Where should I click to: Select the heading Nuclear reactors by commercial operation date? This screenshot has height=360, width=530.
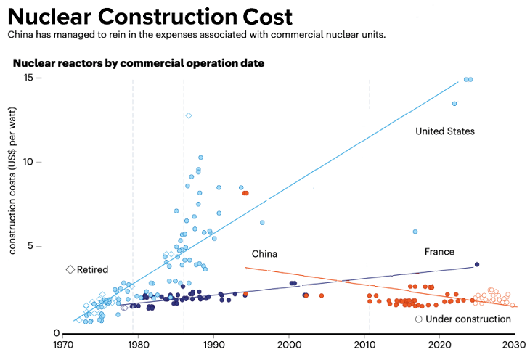tap(138, 63)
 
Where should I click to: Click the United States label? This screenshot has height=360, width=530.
tap(444, 131)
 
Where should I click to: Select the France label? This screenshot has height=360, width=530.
tap(439, 252)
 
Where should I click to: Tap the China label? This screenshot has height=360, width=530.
tap(264, 254)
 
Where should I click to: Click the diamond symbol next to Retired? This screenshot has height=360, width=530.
tap(70, 270)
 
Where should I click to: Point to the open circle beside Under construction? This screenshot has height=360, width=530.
tap(418, 319)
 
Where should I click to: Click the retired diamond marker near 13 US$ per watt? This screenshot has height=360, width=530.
tap(189, 115)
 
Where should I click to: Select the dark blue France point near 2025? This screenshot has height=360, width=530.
tap(477, 264)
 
